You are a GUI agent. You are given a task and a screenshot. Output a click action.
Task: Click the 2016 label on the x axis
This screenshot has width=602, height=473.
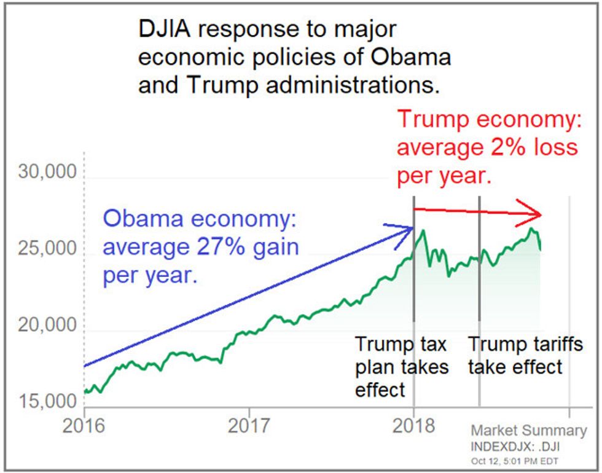84,426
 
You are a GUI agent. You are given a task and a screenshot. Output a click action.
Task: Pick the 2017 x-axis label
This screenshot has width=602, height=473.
249,426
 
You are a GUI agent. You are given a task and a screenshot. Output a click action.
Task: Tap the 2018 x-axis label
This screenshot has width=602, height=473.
413,426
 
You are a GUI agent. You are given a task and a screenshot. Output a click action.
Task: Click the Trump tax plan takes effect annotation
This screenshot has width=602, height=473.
402,366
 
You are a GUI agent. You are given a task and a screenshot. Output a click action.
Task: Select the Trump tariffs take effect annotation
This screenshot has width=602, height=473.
525,356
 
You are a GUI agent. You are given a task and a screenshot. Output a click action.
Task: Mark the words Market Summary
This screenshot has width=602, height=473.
529,431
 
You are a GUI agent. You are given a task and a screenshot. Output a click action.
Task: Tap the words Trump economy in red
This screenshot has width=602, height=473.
488,120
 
